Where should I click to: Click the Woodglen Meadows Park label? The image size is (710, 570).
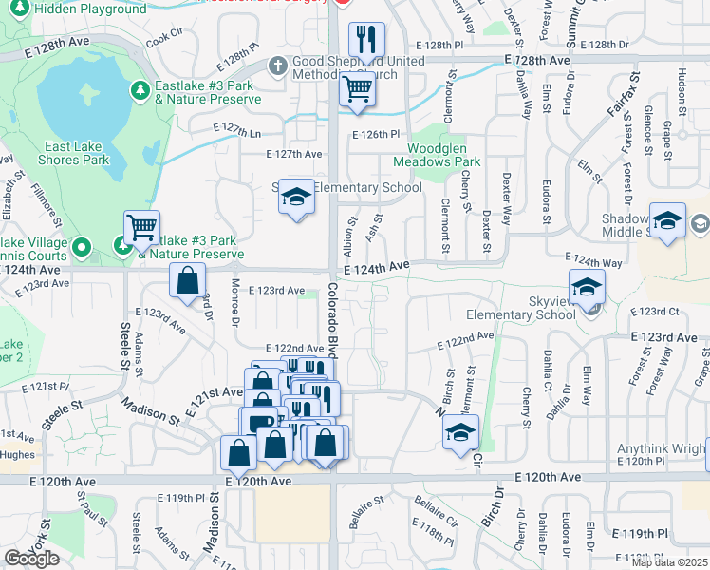[x=444, y=155]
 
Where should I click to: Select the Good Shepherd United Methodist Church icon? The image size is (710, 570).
[x=277, y=66]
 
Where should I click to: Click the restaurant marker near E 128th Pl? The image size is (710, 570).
[x=366, y=40]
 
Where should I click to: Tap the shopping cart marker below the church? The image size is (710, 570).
[x=358, y=90]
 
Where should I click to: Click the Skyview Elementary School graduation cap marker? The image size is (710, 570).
[x=587, y=287]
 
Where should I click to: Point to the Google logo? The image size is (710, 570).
[x=31, y=559]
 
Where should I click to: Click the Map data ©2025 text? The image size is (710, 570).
[x=670, y=562]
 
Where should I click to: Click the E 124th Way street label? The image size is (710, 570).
[x=594, y=260]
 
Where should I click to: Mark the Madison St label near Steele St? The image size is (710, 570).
[x=150, y=411]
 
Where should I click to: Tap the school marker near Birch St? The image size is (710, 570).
[x=461, y=432]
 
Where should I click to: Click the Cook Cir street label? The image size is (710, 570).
[x=163, y=36]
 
